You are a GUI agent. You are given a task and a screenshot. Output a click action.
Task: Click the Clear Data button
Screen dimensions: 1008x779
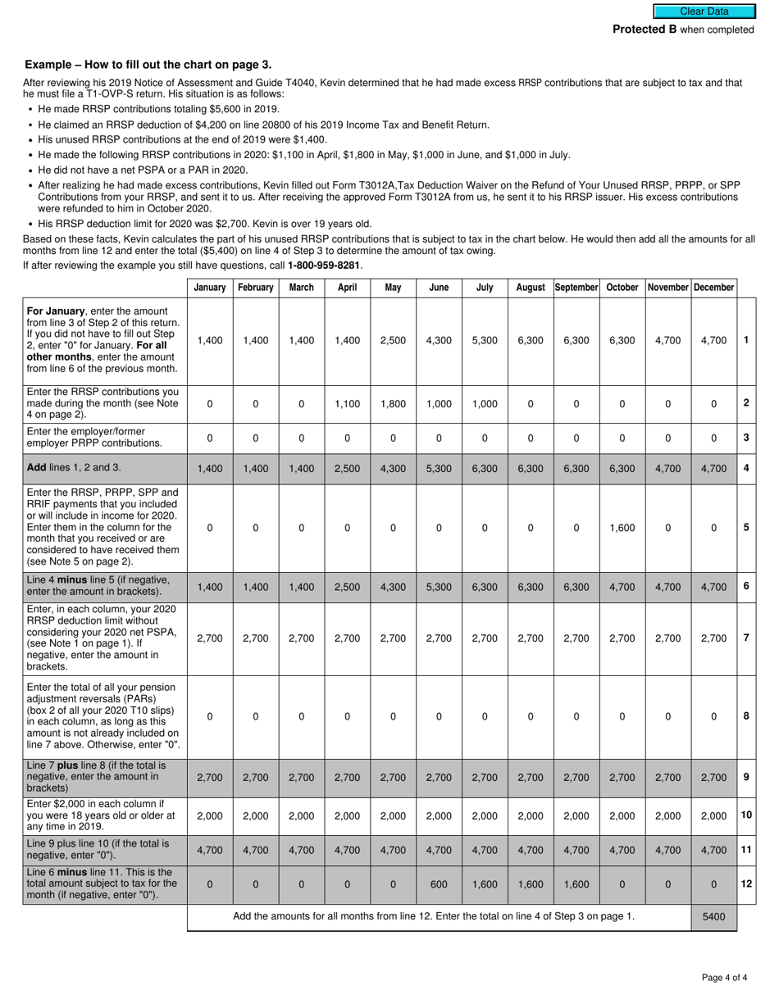click(704, 11)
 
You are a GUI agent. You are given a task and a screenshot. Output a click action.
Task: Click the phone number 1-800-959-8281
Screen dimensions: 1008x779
click(324, 266)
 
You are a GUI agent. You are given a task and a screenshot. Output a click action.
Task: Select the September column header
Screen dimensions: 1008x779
click(576, 288)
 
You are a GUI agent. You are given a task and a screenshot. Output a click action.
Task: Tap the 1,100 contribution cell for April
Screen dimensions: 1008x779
click(347, 404)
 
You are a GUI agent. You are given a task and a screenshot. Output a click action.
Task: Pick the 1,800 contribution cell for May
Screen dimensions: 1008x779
click(393, 404)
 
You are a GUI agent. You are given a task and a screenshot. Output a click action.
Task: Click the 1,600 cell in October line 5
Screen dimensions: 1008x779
click(622, 529)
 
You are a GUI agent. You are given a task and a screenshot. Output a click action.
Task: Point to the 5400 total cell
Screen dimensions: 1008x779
click(713, 917)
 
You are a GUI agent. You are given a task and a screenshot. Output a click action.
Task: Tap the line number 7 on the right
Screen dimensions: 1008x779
click(746, 638)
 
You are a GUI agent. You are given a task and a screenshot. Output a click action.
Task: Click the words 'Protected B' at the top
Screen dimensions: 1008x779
click(645, 30)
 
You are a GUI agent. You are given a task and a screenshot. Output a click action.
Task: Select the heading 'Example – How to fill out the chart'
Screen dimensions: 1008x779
click(148, 65)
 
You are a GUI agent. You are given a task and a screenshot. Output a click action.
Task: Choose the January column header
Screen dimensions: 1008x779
click(210, 288)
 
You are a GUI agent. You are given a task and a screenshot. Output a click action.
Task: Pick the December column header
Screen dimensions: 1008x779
click(713, 288)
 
